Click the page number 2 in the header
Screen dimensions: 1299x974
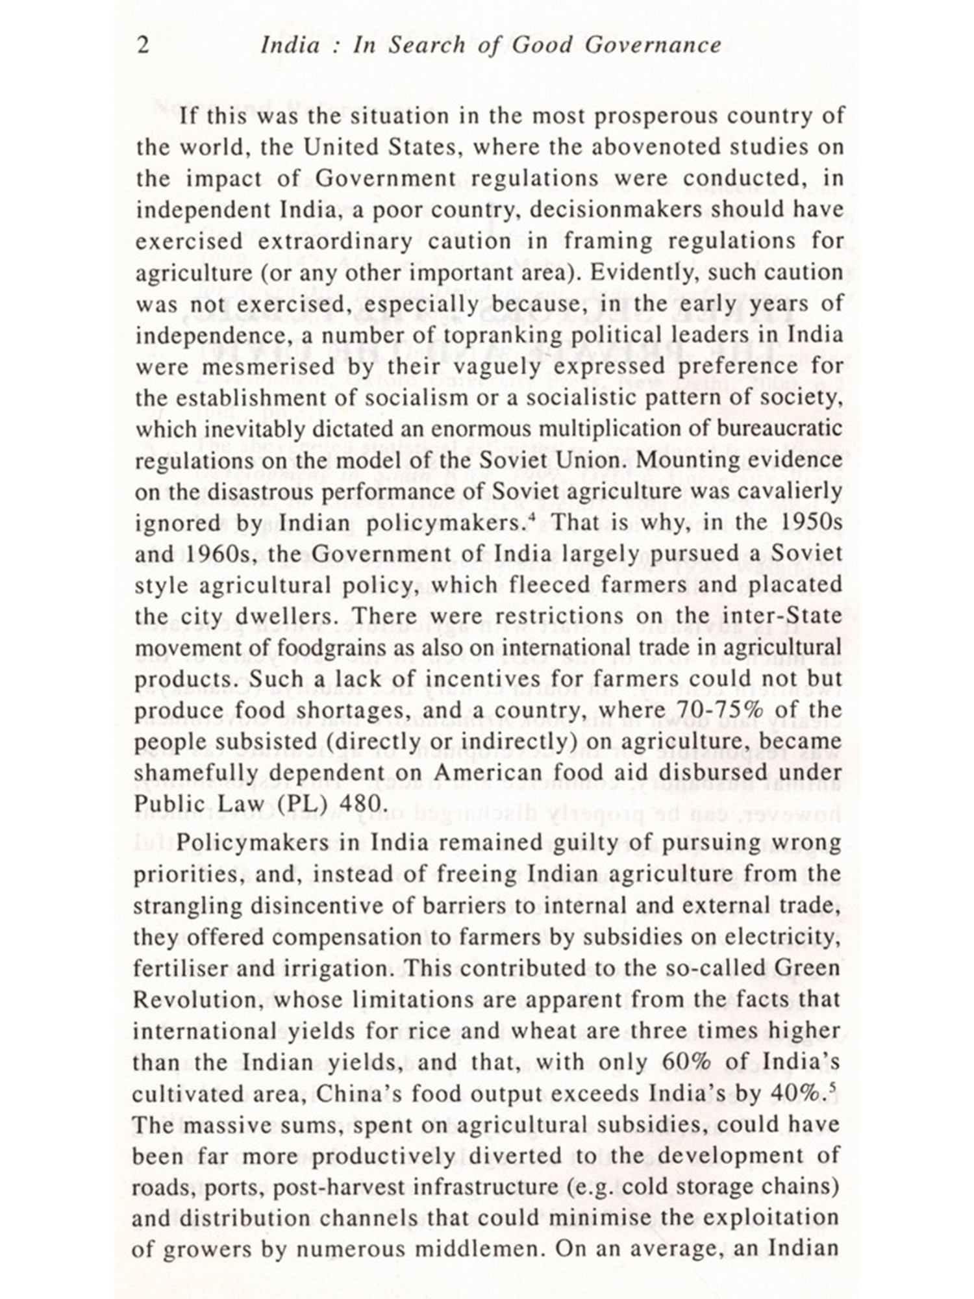pyautogui.click(x=143, y=45)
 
